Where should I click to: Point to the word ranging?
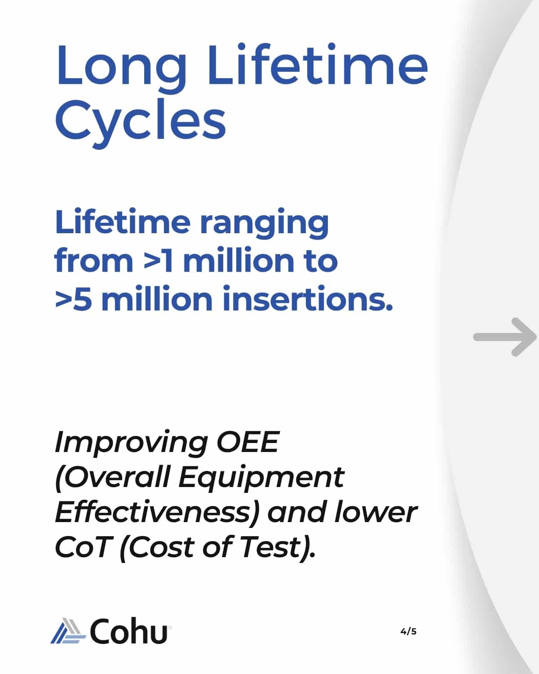(x=264, y=223)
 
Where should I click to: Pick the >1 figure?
(x=158, y=260)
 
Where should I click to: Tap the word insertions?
(x=308, y=297)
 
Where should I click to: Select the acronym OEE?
(x=247, y=441)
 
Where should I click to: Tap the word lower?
(x=376, y=512)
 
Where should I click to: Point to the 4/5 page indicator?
(x=408, y=631)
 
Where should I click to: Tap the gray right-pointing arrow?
(x=504, y=337)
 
